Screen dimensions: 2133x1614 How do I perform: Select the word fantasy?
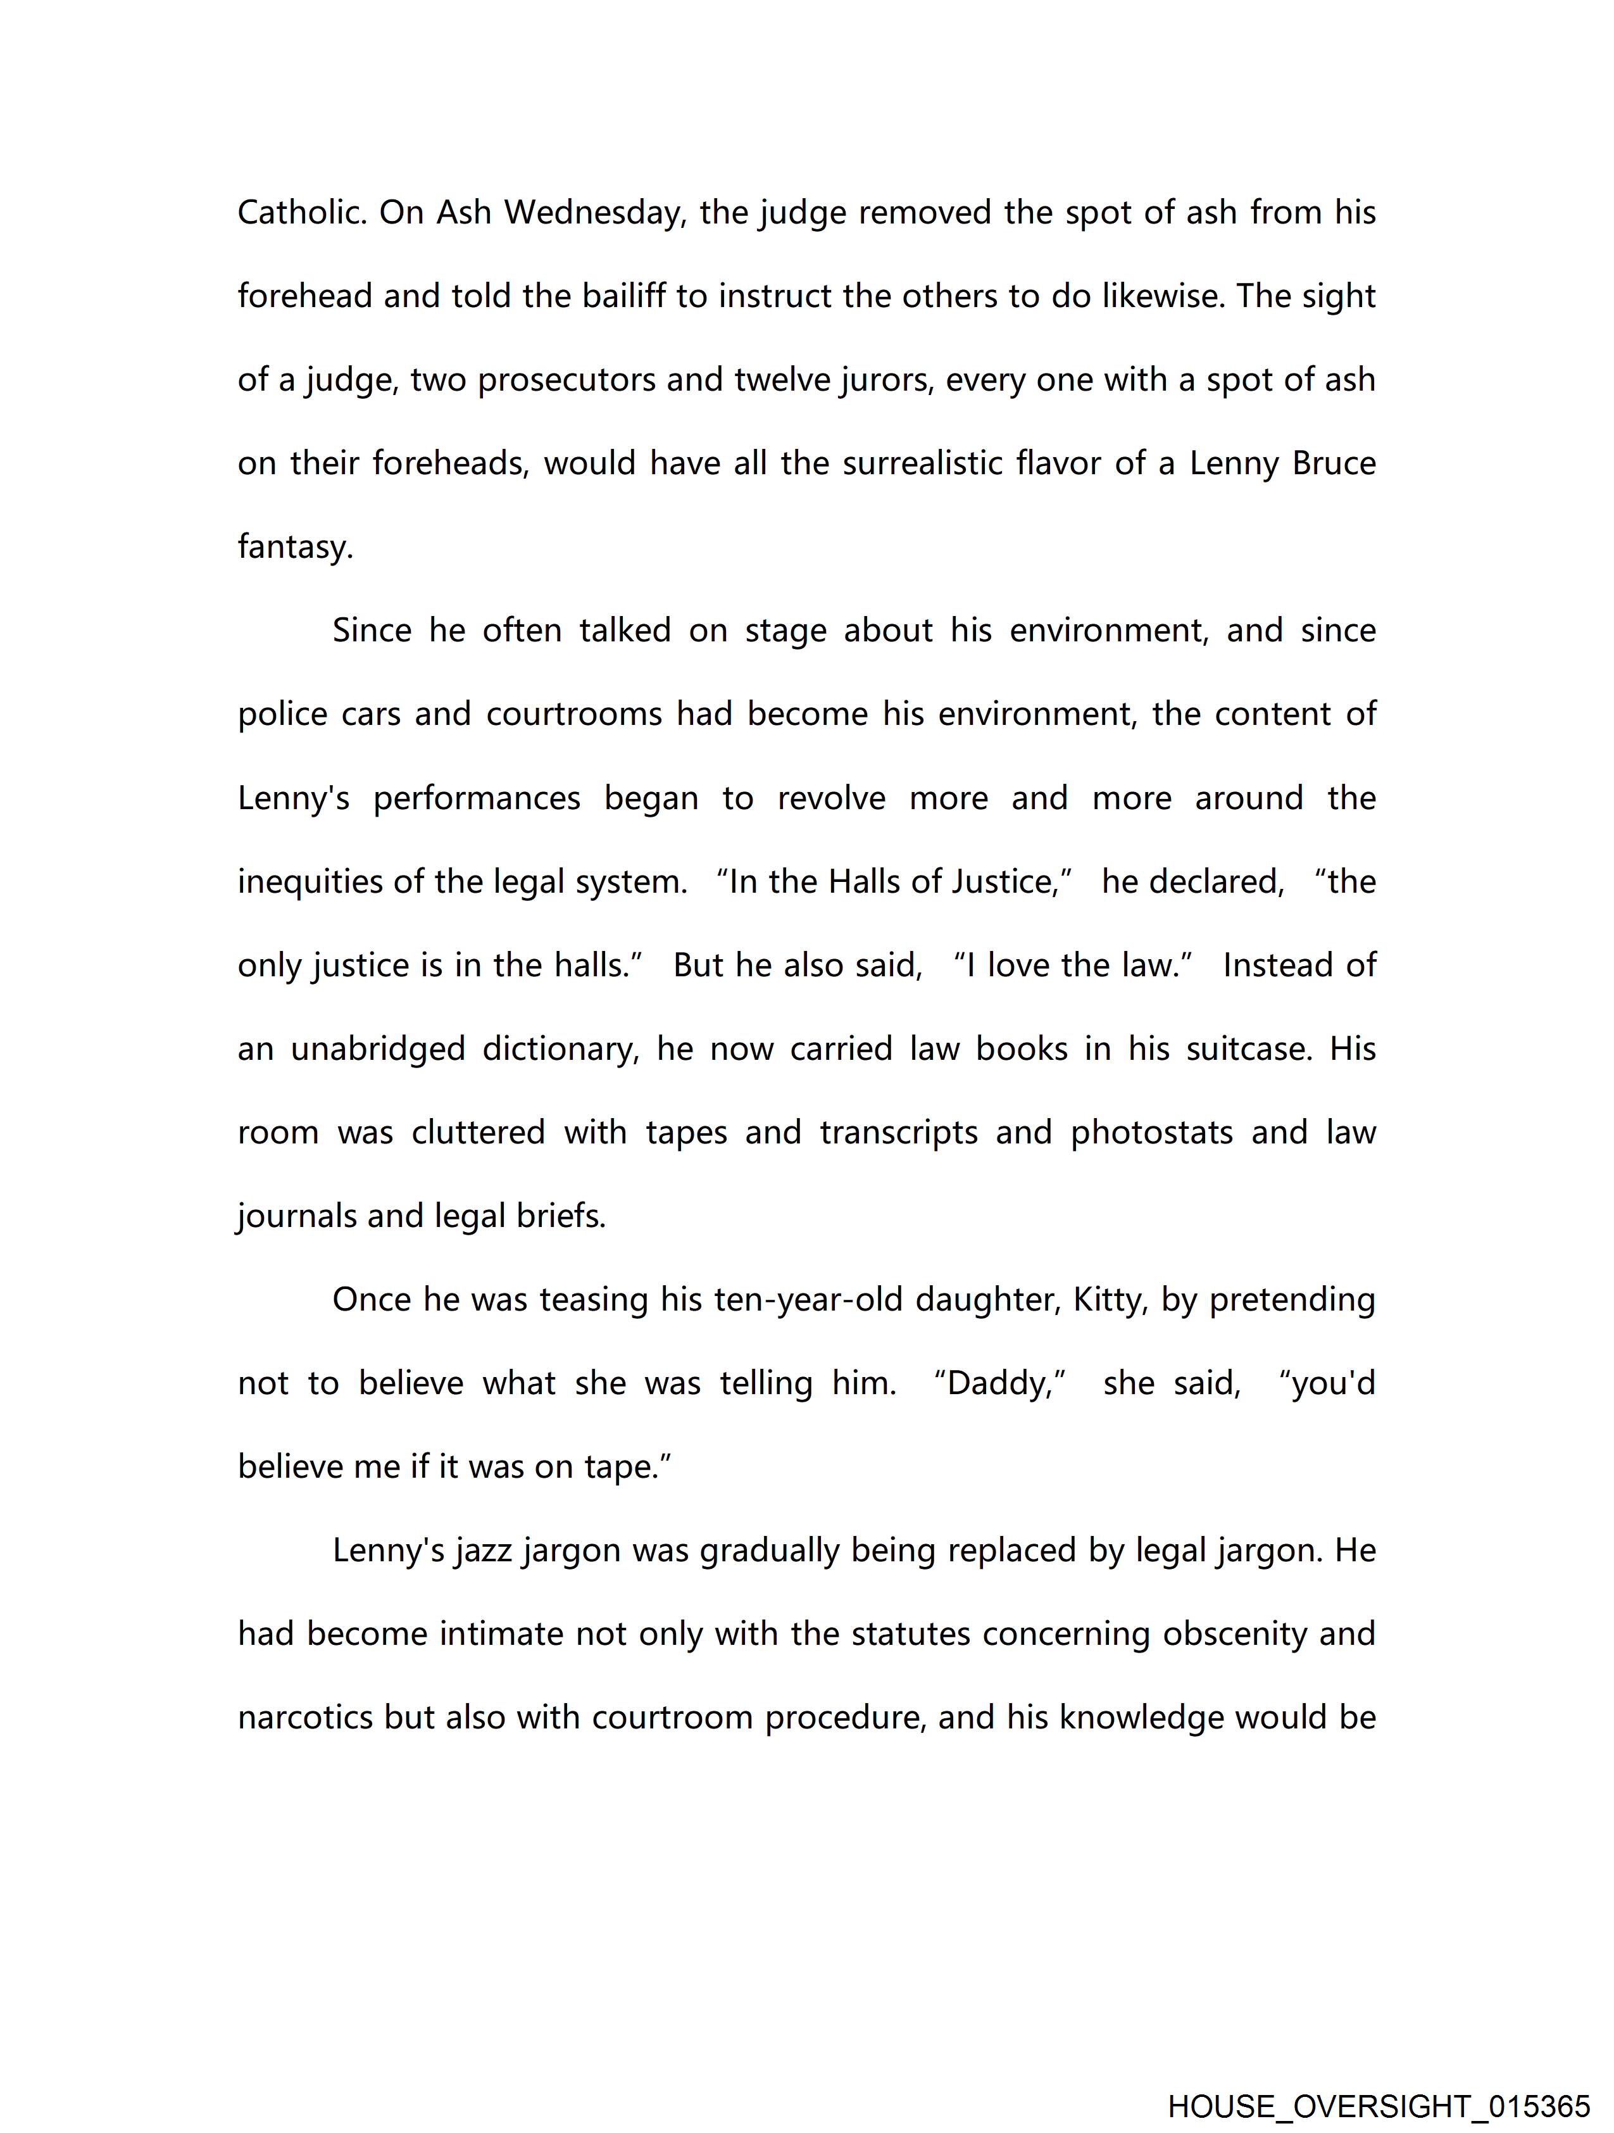click(x=295, y=548)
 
